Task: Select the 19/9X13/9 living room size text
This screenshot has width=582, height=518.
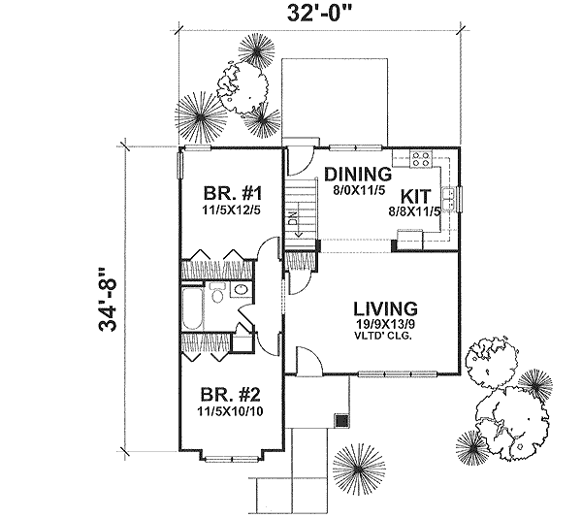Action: [x=384, y=324]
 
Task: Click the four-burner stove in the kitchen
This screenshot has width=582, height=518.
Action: [x=422, y=159]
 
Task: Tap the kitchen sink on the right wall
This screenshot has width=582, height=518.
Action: [x=459, y=197]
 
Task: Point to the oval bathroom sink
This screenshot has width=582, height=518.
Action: [x=242, y=290]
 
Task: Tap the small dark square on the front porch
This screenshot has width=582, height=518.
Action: [x=339, y=420]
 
